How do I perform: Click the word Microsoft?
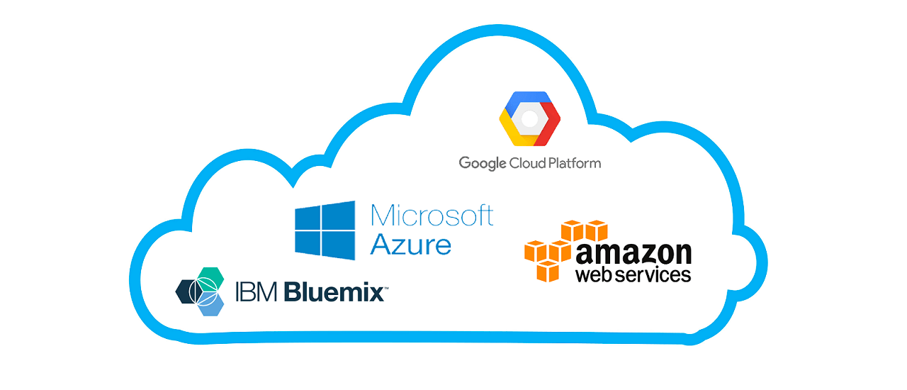tap(432, 215)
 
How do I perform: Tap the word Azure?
tap(411, 245)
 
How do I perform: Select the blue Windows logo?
tap(325, 230)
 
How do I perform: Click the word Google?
tap(483, 164)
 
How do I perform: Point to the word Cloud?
tap(528, 163)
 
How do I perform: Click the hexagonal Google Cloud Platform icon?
tap(529, 118)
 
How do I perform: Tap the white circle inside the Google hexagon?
tap(529, 118)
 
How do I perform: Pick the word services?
tap(653, 274)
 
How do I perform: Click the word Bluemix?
tap(334, 291)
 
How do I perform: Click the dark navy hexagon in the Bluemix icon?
tap(189, 291)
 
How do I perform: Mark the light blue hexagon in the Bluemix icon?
tap(210, 305)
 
